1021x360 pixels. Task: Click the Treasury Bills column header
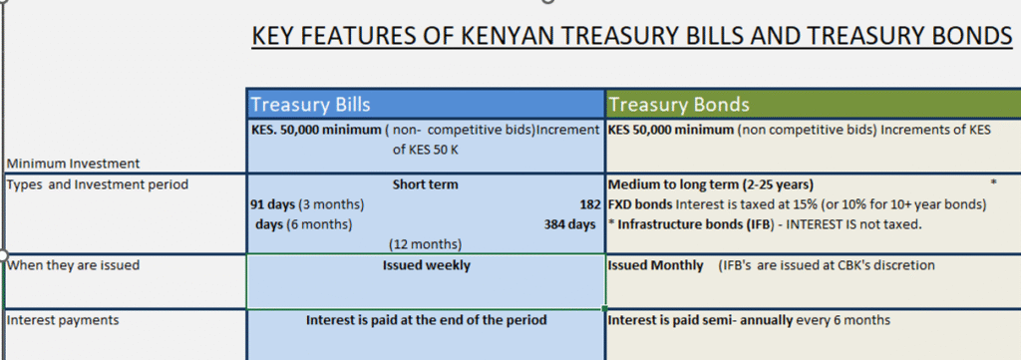311,104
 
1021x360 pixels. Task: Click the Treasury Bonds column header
678,104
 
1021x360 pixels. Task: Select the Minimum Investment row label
73,164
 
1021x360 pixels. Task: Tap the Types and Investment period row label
97,184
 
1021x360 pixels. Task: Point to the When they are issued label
73,265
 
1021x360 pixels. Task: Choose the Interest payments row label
63,320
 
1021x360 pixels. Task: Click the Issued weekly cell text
427,265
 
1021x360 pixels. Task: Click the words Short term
425,184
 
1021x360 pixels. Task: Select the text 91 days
273,205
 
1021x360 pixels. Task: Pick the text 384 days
569,224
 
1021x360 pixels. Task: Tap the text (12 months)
425,244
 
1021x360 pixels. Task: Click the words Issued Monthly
656,265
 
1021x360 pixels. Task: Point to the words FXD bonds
640,205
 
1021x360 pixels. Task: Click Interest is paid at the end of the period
427,320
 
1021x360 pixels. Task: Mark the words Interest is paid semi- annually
701,320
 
